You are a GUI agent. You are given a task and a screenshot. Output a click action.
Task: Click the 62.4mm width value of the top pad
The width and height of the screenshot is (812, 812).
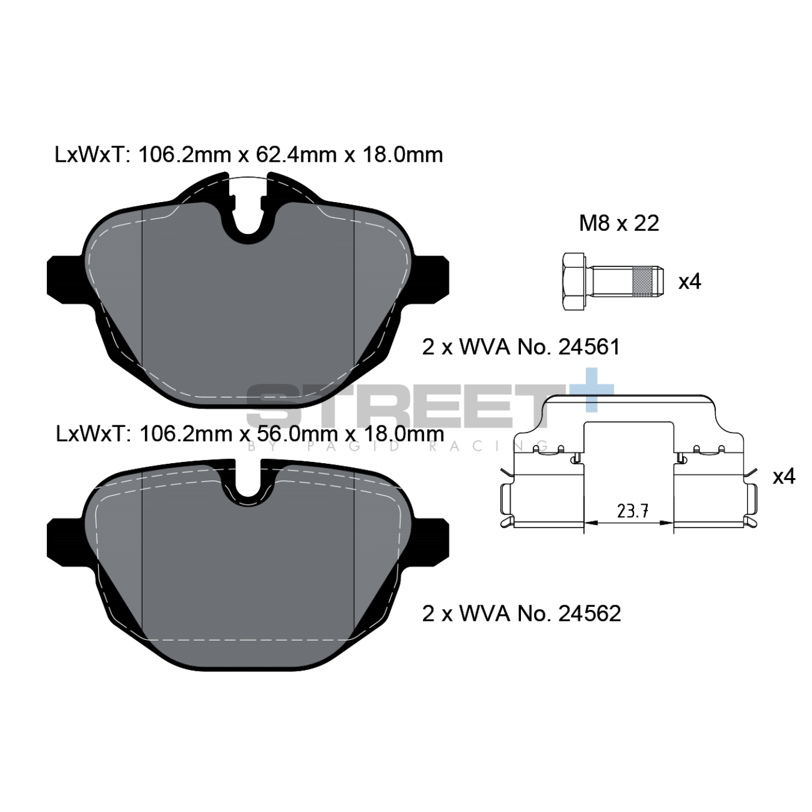click(296, 155)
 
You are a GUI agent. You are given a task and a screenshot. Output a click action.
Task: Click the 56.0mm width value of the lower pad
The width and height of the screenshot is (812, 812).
click(297, 434)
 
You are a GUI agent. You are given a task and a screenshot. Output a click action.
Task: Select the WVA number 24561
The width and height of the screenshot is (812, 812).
click(589, 347)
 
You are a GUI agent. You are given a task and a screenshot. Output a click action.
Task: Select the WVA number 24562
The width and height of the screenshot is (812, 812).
click(589, 614)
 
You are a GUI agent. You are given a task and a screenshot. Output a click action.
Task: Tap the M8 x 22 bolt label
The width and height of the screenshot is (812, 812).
click(619, 224)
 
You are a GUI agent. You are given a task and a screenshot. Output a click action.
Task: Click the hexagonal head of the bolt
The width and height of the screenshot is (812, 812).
click(575, 281)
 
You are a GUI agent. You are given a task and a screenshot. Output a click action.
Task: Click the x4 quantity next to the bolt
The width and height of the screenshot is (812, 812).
click(689, 281)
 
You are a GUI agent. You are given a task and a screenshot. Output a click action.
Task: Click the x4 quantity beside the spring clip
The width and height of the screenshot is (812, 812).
click(783, 476)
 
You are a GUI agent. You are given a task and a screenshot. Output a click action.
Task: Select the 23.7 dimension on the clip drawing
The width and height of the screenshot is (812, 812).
click(632, 511)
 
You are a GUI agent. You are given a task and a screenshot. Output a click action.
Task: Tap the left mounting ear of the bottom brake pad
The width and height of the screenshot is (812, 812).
click(64, 541)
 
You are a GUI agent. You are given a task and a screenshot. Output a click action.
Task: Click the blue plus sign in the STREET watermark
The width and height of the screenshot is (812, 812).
click(592, 390)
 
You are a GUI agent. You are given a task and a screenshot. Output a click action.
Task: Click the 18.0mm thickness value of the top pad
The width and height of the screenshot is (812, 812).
click(402, 155)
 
